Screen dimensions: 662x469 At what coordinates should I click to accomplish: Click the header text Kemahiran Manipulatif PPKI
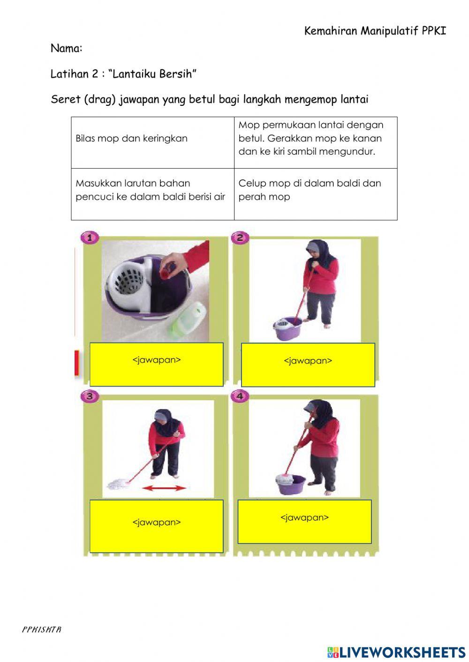tap(375, 31)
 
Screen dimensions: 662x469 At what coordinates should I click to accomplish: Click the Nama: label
tap(67, 48)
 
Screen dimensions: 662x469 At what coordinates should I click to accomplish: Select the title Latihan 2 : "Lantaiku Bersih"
tap(123, 74)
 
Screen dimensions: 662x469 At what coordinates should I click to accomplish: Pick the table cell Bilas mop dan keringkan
tap(131, 139)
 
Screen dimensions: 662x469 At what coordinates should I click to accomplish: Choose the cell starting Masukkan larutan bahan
tap(150, 190)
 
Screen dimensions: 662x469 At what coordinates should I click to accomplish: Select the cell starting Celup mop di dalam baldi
tap(310, 190)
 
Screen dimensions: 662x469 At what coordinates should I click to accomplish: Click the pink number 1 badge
tap(89, 238)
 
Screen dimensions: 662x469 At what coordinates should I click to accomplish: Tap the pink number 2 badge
tap(240, 238)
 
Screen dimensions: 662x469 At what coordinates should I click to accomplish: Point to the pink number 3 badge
tap(89, 396)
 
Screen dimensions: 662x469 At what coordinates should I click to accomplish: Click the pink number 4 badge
tap(240, 396)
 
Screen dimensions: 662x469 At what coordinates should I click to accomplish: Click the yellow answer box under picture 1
tap(156, 364)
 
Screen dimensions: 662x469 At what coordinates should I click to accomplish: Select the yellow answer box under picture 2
tap(308, 365)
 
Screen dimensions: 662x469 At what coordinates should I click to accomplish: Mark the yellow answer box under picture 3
tap(156, 526)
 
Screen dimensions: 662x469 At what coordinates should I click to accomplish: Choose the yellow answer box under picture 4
tap(304, 521)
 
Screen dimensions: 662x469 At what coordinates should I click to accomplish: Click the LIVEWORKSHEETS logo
tap(396, 652)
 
